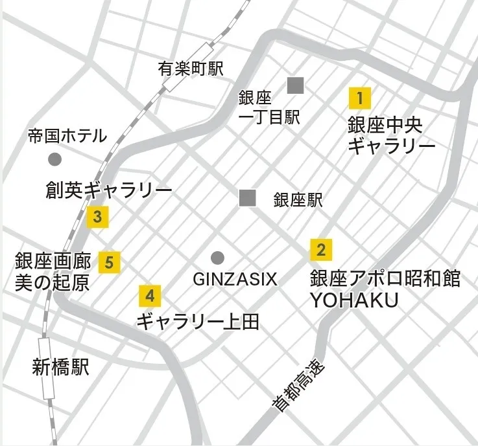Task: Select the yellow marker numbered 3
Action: pos(97,217)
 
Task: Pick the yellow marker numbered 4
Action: pos(150,296)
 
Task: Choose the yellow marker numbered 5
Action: pos(109,262)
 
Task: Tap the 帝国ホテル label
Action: pos(67,136)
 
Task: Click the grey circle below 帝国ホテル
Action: pos(55,159)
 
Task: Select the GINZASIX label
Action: pos(235,279)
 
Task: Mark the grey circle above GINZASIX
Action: pos(217,257)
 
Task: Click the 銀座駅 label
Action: pos(298,199)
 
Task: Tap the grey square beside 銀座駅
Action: pos(247,198)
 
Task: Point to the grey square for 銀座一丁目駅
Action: pos(296,85)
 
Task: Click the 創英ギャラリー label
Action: pos(109,190)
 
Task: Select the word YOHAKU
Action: pos(353,301)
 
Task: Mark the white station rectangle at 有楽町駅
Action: pos(188,67)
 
